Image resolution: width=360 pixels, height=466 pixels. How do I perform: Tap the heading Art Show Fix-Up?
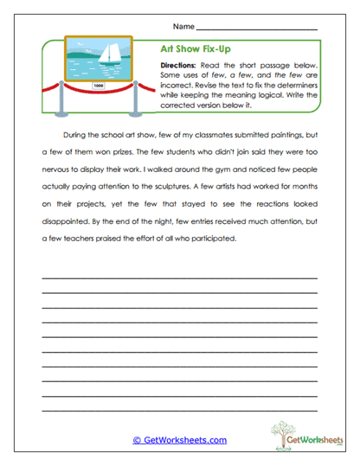pyautogui.click(x=196, y=50)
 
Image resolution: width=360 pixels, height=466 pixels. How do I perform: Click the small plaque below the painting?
pyautogui.click(x=98, y=86)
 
